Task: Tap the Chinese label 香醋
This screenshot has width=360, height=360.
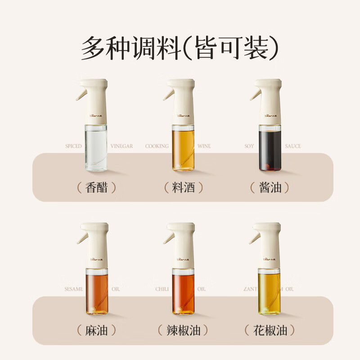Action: (x=96, y=187)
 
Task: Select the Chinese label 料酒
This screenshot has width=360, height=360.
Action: (x=184, y=187)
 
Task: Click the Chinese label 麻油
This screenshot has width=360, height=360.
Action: (x=96, y=331)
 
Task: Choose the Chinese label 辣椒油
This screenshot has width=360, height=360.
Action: (x=184, y=331)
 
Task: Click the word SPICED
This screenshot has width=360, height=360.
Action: (x=73, y=146)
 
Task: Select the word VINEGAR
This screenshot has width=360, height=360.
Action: (x=121, y=146)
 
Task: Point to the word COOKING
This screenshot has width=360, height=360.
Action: (x=157, y=146)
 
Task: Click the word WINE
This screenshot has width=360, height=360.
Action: (x=204, y=146)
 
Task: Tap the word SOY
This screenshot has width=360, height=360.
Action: (x=249, y=146)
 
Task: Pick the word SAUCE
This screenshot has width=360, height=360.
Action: (x=293, y=146)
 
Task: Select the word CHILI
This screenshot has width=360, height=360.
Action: (x=162, y=289)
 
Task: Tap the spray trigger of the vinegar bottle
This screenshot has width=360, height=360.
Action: (x=81, y=94)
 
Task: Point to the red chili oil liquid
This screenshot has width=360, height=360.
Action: (x=183, y=292)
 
